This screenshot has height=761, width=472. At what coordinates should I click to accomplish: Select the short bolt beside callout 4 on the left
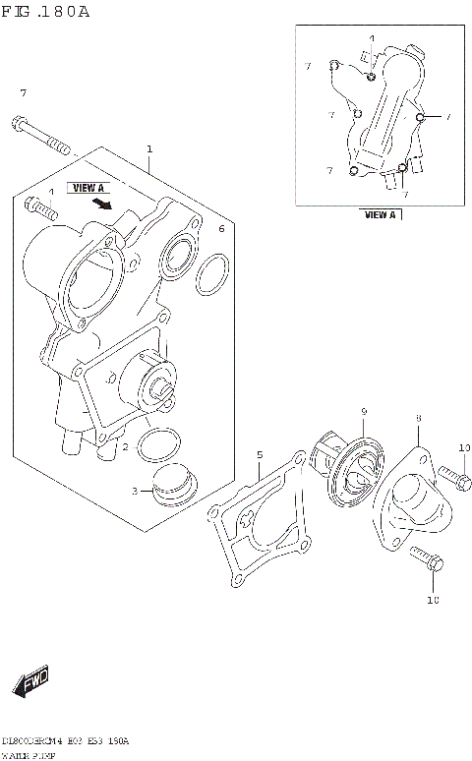40,209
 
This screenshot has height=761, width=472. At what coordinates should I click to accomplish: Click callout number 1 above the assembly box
149,149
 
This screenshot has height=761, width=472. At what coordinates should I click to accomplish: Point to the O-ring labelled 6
212,277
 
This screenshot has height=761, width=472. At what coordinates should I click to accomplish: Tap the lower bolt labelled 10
427,561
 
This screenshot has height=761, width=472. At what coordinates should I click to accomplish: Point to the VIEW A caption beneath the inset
379,214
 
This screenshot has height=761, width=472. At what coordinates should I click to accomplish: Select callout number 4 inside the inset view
372,38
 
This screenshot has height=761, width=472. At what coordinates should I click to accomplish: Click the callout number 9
363,411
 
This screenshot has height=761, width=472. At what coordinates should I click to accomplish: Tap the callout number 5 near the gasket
260,454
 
